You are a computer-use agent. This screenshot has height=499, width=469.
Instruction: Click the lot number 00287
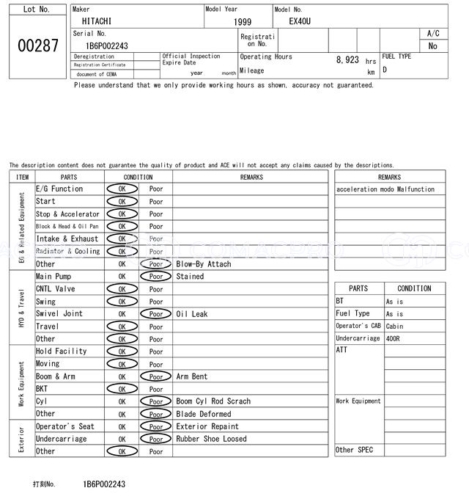pyautogui.click(x=37, y=45)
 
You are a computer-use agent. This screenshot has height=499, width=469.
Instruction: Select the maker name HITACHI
pyautogui.click(x=97, y=22)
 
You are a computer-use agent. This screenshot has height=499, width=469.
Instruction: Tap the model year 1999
pyautogui.click(x=243, y=22)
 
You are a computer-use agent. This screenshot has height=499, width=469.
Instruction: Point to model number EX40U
pyautogui.click(x=300, y=21)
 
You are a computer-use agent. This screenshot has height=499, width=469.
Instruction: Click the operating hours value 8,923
pyautogui.click(x=347, y=59)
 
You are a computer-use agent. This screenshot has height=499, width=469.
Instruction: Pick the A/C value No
pyautogui.click(x=432, y=46)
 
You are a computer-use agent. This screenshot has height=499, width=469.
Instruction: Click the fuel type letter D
pyautogui.click(x=385, y=70)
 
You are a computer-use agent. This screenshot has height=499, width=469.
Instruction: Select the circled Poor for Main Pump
pyautogui.click(x=156, y=277)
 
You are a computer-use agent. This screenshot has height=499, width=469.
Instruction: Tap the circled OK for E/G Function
pyautogui.click(x=122, y=189)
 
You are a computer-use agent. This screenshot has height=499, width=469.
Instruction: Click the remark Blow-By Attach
pyautogui.click(x=203, y=264)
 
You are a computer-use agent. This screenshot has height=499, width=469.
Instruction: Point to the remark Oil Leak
pyautogui.click(x=191, y=314)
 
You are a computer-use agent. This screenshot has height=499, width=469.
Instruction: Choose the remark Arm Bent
pyautogui.click(x=191, y=376)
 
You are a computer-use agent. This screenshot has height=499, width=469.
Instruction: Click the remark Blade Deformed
pyautogui.click(x=203, y=414)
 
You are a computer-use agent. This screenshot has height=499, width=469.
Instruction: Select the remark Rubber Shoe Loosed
pyautogui.click(x=211, y=439)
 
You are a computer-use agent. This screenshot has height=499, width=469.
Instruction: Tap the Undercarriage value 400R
pyautogui.click(x=394, y=338)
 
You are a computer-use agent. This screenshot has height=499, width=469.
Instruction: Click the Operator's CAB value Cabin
pyautogui.click(x=394, y=326)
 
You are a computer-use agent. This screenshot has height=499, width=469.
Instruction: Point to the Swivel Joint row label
pyautogui.click(x=59, y=314)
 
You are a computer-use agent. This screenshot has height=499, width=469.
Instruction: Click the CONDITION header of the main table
pyautogui.click(x=138, y=177)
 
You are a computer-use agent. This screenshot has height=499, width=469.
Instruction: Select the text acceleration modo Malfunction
pyautogui.click(x=385, y=189)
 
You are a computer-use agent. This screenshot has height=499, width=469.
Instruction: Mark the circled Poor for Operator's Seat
pyautogui.click(x=156, y=426)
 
